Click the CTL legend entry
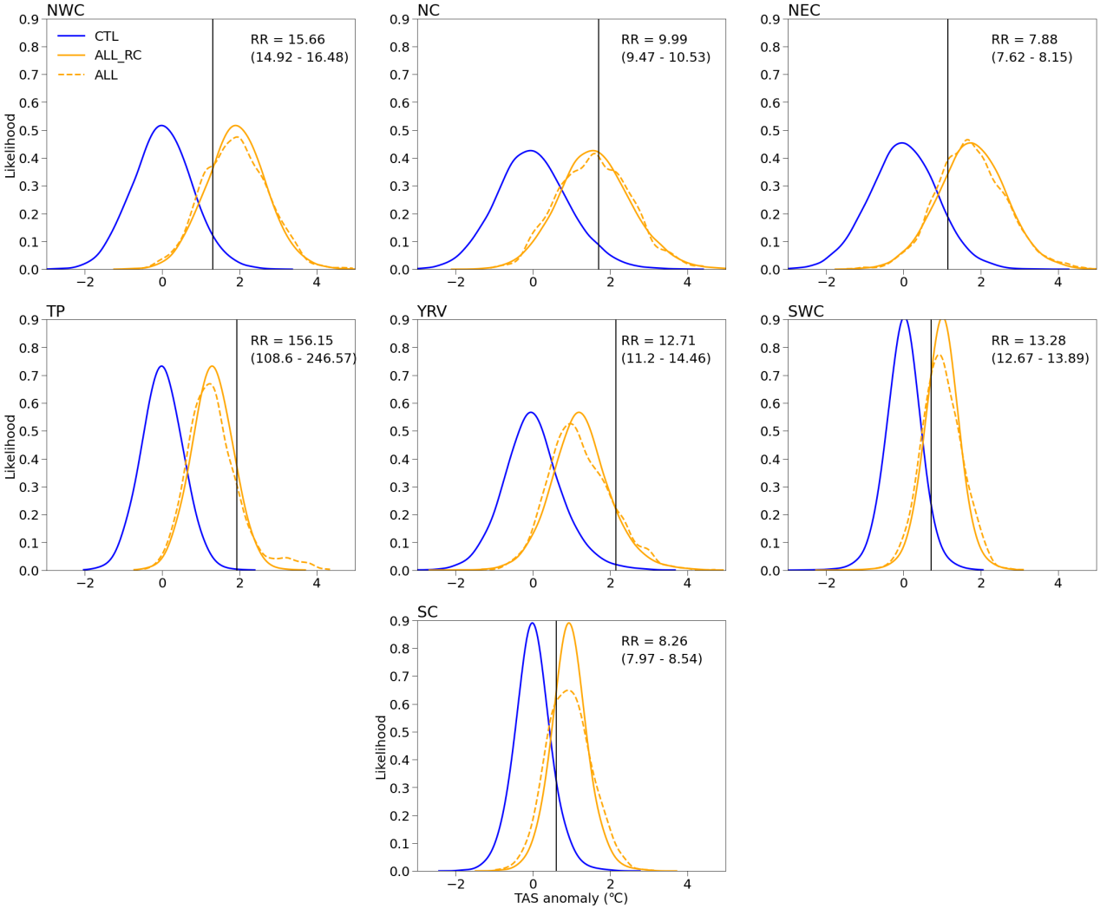tap(106, 36)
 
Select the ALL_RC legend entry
tap(117, 56)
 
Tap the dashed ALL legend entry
tap(106, 75)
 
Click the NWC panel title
tap(65, 10)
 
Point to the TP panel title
tap(56, 311)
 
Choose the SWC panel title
tap(805, 311)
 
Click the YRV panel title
tap(431, 311)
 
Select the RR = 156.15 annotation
tap(291, 341)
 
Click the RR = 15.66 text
tap(287, 40)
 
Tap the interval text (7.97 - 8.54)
tap(661, 659)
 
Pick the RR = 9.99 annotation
tap(653, 40)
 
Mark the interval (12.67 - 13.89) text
tap(1039, 358)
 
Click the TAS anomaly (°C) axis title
tap(570, 899)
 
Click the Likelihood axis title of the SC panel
tap(381, 747)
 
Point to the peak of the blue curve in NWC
tap(161, 126)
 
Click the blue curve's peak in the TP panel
tap(161, 366)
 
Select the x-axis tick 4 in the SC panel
tap(687, 885)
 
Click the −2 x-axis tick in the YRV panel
tap(455, 584)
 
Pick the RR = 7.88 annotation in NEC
tap(1024, 40)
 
